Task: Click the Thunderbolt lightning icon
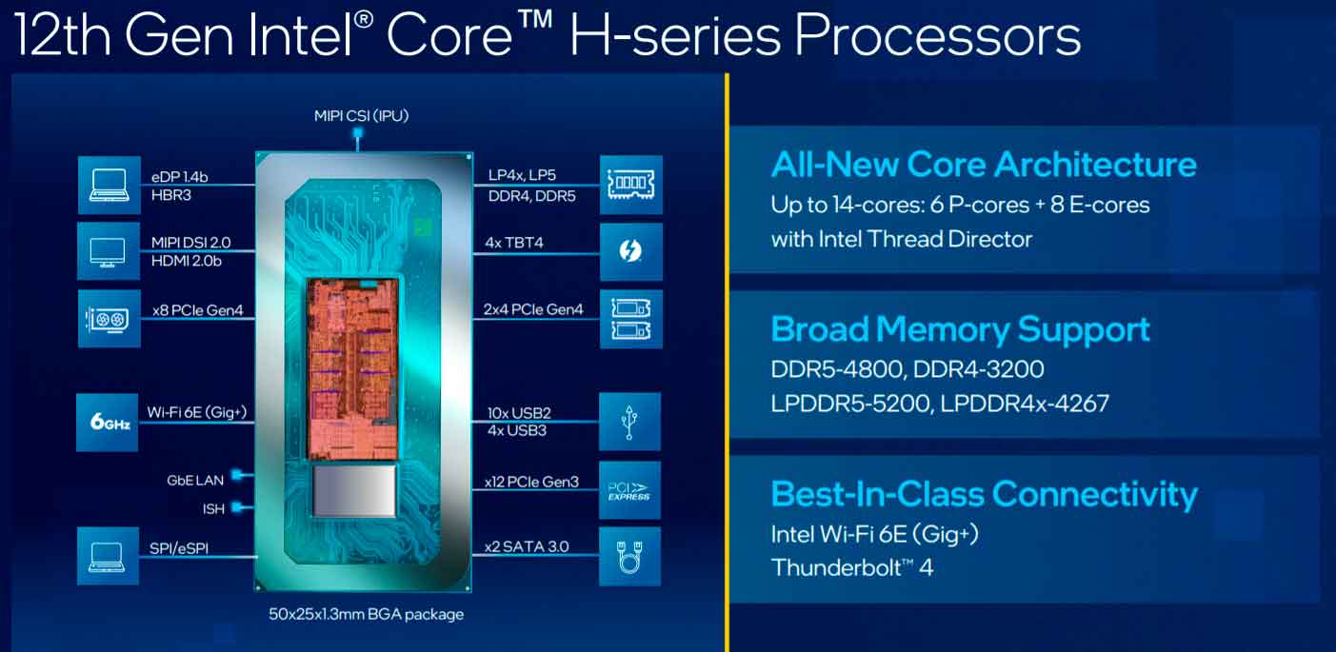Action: pyautogui.click(x=630, y=251)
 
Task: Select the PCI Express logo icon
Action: pyautogui.click(x=629, y=490)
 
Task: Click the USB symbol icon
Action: pyautogui.click(x=629, y=422)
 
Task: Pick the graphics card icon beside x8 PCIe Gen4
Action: pyautogui.click(x=110, y=319)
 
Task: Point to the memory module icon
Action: pyautogui.click(x=631, y=185)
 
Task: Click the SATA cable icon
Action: pyautogui.click(x=629, y=557)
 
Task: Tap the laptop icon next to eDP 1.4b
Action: pyautogui.click(x=110, y=186)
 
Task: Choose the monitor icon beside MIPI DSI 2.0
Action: pyautogui.click(x=109, y=251)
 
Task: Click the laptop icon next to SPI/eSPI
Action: pyautogui.click(x=108, y=556)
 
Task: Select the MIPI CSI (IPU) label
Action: pyautogui.click(x=362, y=115)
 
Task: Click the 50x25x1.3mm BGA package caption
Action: pyautogui.click(x=367, y=615)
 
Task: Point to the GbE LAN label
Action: pyautogui.click(x=195, y=481)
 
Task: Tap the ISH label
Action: pyautogui.click(x=213, y=509)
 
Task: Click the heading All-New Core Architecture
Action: pyautogui.click(x=984, y=165)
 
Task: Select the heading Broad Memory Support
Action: pyautogui.click(x=960, y=330)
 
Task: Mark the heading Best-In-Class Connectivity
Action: pyautogui.click(x=984, y=495)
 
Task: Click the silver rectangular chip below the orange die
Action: pyautogui.click(x=354, y=490)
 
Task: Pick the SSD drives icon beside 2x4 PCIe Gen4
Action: pyautogui.click(x=631, y=320)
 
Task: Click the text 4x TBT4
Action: pyautogui.click(x=514, y=243)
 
